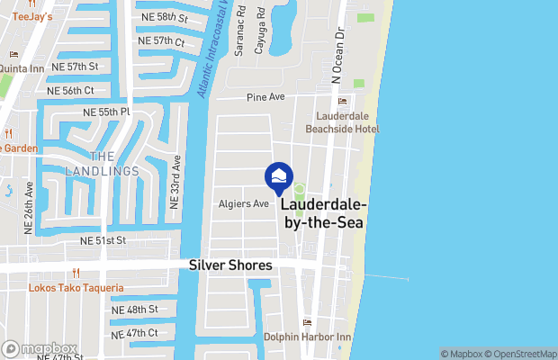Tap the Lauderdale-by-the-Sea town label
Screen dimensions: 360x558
(x=325, y=213)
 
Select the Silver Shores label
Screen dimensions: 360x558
(x=230, y=265)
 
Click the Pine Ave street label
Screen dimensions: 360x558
(x=265, y=96)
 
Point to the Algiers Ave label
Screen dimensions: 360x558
(x=244, y=203)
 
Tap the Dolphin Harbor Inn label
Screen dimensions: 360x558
(x=306, y=337)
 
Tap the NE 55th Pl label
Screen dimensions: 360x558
(x=106, y=112)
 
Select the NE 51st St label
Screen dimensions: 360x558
(x=103, y=240)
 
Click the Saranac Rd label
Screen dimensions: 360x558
(x=240, y=34)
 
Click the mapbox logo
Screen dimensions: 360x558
(x=40, y=348)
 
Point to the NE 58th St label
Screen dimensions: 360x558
(x=164, y=17)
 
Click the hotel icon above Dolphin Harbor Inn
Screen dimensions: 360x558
(x=307, y=323)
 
